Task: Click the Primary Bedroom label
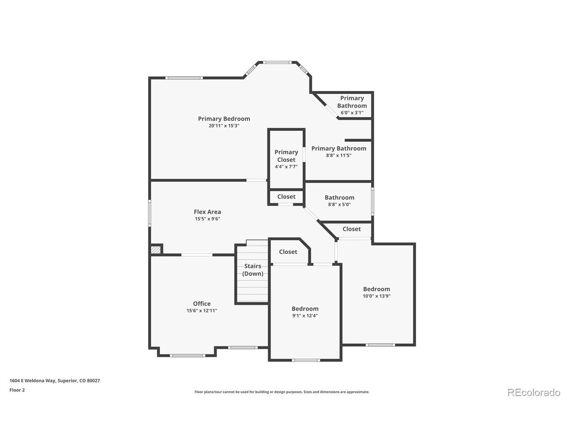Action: tap(224, 119)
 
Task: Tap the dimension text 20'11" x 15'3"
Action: tap(224, 126)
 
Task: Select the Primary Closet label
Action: tap(286, 156)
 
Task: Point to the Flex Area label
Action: tap(208, 211)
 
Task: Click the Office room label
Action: tap(202, 303)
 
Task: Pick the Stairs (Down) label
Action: tap(252, 270)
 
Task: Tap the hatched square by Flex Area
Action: tap(156, 250)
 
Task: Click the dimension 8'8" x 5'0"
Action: tap(339, 204)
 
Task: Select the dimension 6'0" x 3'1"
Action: tap(352, 112)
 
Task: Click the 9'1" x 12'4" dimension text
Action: tap(305, 315)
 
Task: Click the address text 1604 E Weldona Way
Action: tap(33, 380)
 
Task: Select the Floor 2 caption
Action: tap(17, 390)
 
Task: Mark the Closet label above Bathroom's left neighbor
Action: tap(286, 197)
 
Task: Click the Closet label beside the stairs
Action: tap(288, 252)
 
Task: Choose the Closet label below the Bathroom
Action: tap(352, 229)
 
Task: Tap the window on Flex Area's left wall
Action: tap(149, 213)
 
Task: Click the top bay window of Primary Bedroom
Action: tap(277, 62)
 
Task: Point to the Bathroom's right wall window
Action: tap(372, 201)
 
